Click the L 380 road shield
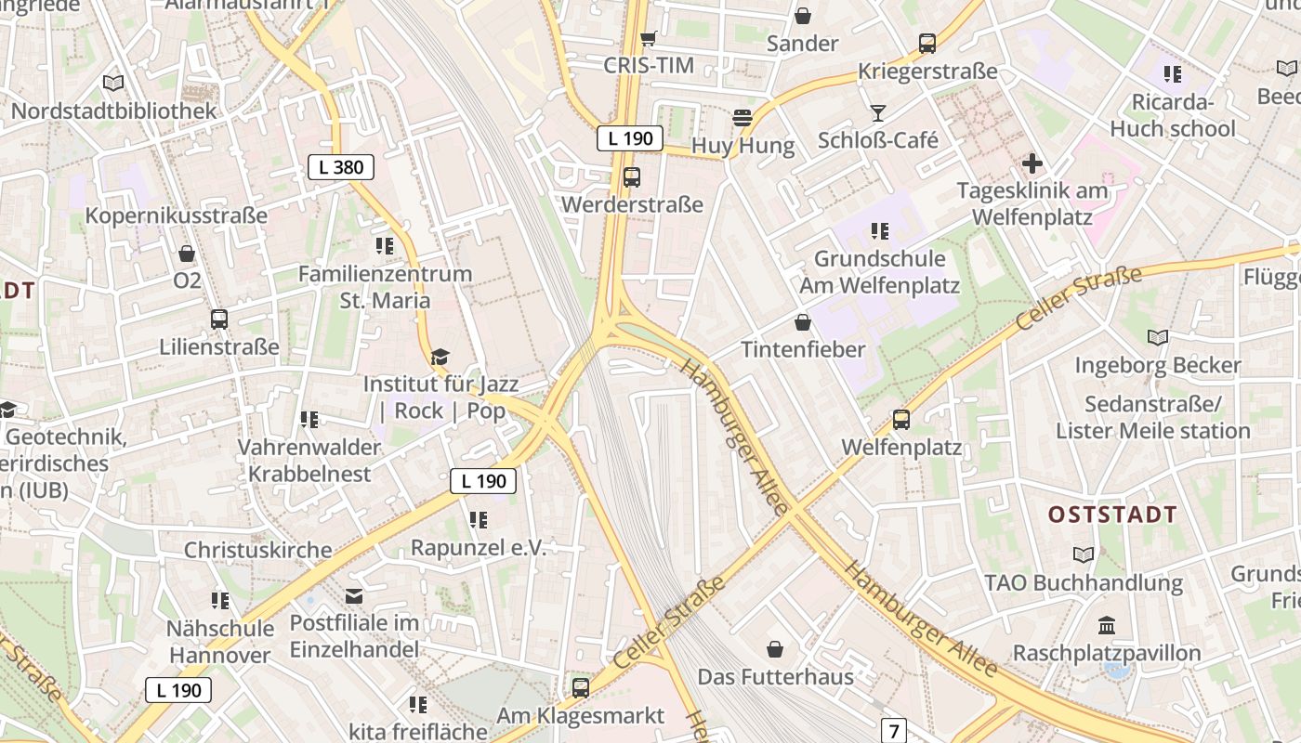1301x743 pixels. point(341,167)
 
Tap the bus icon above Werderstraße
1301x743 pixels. point(632,176)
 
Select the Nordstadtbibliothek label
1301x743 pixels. point(113,111)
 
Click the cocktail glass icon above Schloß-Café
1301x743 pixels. point(878,113)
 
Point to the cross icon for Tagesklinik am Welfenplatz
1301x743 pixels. point(1032,164)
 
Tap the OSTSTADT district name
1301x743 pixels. point(1112,515)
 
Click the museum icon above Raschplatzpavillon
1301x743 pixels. point(1107,625)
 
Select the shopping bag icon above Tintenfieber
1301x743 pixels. point(803,322)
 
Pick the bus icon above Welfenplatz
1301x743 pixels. point(901,419)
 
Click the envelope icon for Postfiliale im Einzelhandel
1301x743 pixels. point(354,595)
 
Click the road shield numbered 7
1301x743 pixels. point(893,731)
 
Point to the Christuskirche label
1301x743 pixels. point(257,549)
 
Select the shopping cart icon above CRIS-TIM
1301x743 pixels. point(649,38)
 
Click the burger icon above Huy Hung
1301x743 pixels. point(742,118)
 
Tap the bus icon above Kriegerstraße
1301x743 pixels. point(927,43)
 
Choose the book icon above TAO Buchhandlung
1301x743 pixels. point(1084,554)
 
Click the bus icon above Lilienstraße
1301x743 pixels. point(219,319)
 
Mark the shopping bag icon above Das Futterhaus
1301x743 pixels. point(775,649)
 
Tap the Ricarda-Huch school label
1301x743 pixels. point(1173,115)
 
